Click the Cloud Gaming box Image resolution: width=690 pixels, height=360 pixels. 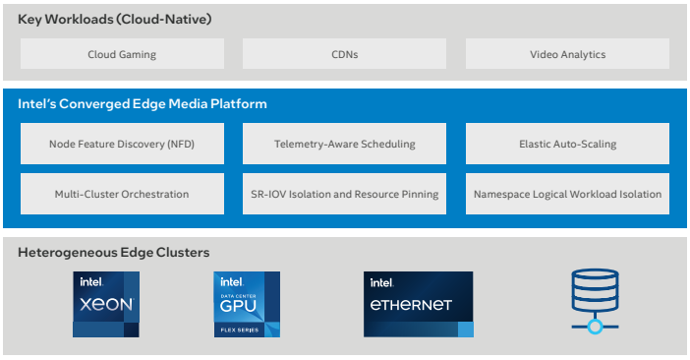(122, 54)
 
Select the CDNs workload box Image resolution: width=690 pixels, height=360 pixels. (345, 54)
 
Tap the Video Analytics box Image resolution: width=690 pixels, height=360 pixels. (568, 54)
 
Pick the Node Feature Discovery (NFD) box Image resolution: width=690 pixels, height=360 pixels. (122, 144)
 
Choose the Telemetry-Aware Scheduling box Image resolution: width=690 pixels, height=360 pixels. (345, 144)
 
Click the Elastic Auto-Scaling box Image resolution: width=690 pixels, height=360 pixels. (568, 144)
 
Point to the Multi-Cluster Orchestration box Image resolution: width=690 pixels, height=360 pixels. (122, 194)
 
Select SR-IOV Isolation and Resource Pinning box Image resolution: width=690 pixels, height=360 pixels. (345, 194)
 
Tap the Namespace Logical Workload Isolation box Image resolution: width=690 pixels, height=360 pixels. (568, 194)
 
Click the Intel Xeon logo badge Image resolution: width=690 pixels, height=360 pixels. (106, 304)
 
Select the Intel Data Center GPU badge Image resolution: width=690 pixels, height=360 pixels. (247, 304)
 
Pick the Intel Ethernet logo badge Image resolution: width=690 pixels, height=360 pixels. (419, 304)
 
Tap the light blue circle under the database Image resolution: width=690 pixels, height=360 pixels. (595, 327)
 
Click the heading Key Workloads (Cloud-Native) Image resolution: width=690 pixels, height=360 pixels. (115, 20)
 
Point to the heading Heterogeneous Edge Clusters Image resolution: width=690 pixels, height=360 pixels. (114, 253)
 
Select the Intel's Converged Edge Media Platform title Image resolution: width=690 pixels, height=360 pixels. (143, 104)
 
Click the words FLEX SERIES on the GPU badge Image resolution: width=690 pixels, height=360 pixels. (240, 330)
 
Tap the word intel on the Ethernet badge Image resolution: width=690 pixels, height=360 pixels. (381, 282)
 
